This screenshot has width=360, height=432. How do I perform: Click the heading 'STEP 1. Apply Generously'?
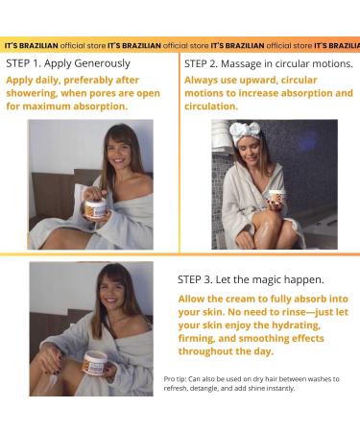68,63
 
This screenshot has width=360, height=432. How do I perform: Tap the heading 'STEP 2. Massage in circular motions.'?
269,63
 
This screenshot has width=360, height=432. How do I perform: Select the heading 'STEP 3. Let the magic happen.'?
251,279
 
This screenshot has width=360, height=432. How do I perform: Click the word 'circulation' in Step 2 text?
210,107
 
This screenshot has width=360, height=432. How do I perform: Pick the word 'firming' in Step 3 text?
196,338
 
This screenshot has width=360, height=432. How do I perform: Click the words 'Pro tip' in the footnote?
175,379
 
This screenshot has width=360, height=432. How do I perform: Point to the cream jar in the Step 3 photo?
95,362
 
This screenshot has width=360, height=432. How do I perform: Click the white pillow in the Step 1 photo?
80,200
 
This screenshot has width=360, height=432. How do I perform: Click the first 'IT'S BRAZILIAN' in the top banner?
32,46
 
